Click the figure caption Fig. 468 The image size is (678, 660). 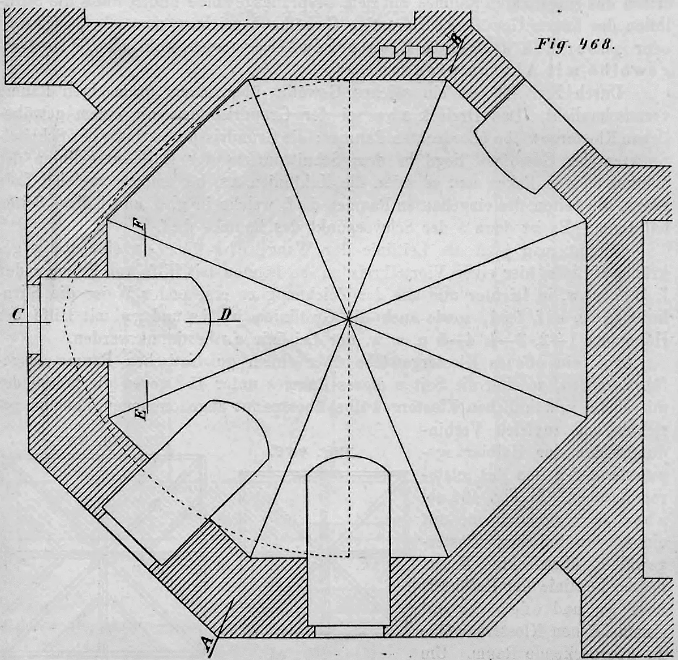tap(574, 44)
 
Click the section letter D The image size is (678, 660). tap(225, 314)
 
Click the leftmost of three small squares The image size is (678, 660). tap(387, 52)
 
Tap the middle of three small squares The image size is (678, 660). tap(413, 52)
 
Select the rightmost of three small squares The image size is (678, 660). tap(440, 52)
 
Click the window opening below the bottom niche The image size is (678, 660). tap(349, 632)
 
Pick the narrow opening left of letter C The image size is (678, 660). tap(34, 319)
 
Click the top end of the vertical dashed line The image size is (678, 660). tap(349, 80)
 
